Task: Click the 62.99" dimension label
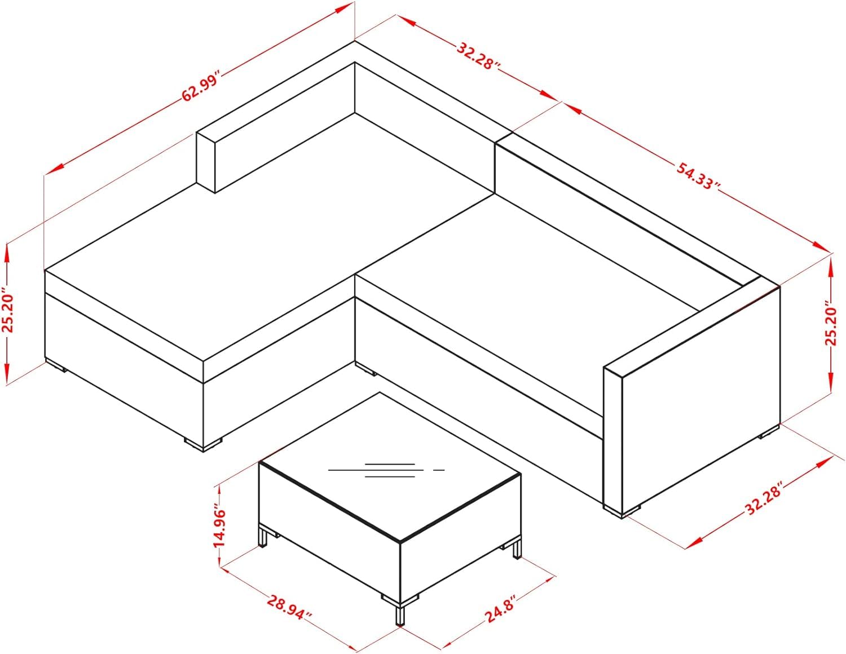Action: click(x=201, y=86)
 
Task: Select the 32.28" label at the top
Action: click(x=478, y=56)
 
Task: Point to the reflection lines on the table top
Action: click(x=386, y=470)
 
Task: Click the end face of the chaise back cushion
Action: click(x=205, y=162)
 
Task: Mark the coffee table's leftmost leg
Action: click(x=264, y=536)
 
